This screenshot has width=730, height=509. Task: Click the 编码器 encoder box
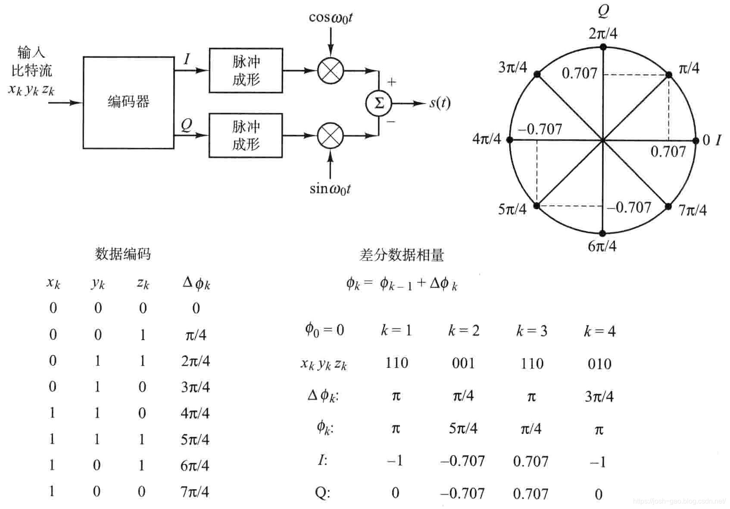pyautogui.click(x=128, y=102)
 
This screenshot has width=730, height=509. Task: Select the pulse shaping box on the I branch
pyautogui.click(x=246, y=70)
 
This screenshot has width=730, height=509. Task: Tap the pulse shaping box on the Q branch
pyautogui.click(x=246, y=135)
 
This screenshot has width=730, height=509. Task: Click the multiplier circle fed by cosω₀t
pyautogui.click(x=331, y=70)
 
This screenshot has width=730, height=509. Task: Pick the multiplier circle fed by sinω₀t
pyautogui.click(x=331, y=135)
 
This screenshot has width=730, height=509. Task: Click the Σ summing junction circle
pyautogui.click(x=379, y=103)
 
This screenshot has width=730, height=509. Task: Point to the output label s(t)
pyautogui.click(x=440, y=103)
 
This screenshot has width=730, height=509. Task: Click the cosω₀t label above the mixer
pyautogui.click(x=331, y=17)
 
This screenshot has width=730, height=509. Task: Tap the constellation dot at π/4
pyautogui.click(x=669, y=75)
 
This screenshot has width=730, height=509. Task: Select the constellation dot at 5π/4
pyautogui.click(x=537, y=206)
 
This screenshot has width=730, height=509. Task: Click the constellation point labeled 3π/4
pyautogui.click(x=537, y=75)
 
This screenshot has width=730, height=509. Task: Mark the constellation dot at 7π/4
pyautogui.click(x=668, y=206)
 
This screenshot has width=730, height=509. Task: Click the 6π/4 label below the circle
pyautogui.click(x=602, y=246)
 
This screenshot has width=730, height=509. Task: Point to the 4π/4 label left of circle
pyautogui.click(x=487, y=139)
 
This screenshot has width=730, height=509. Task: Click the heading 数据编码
pyautogui.click(x=123, y=254)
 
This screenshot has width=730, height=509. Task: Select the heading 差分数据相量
pyautogui.click(x=401, y=255)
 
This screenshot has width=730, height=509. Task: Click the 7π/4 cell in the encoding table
pyautogui.click(x=195, y=492)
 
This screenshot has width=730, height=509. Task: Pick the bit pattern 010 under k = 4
pyautogui.click(x=599, y=364)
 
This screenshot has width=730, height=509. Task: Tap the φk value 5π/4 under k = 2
pyautogui.click(x=463, y=428)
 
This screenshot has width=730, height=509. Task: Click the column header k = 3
pyautogui.click(x=532, y=331)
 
